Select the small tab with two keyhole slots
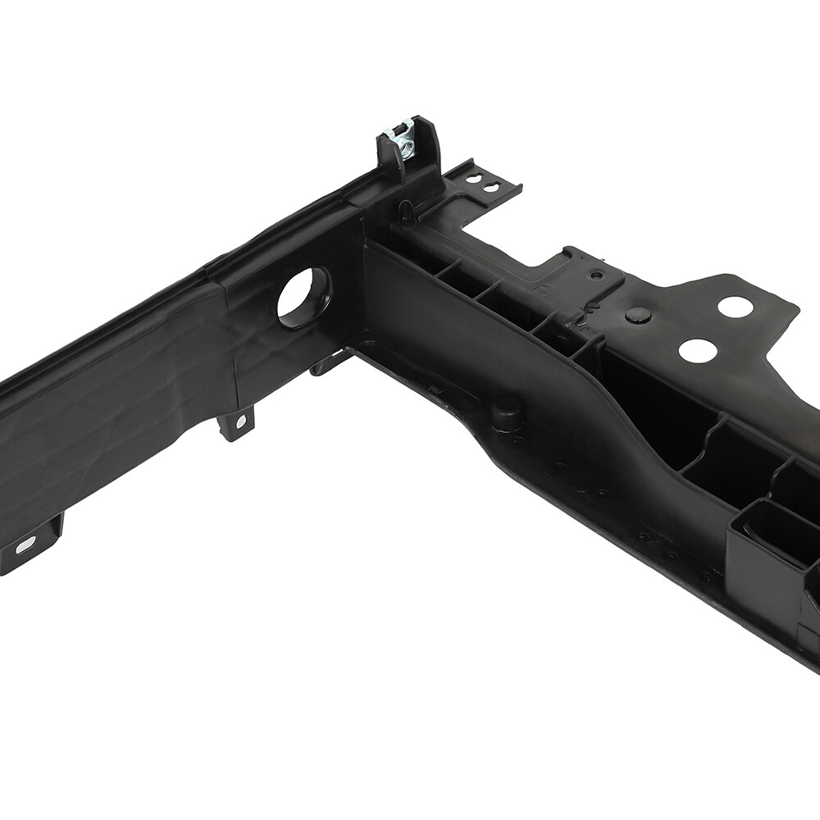(x=483, y=182)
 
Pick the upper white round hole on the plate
(x=735, y=307)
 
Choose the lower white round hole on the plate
(x=697, y=350)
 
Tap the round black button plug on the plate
(x=638, y=316)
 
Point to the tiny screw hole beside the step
(x=597, y=275)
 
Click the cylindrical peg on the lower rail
(x=507, y=414)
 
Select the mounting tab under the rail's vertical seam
(x=236, y=423)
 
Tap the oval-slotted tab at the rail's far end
(x=29, y=544)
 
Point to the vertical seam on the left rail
(x=232, y=344)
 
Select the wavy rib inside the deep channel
(x=705, y=443)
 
